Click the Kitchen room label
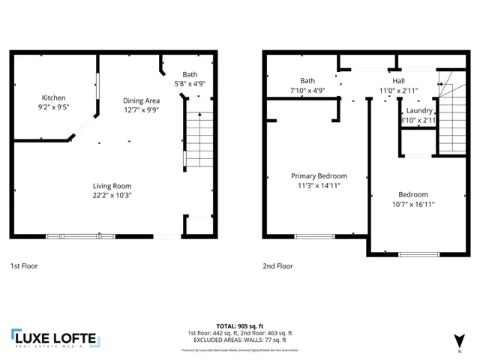tap(53, 97)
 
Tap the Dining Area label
tap(142, 100)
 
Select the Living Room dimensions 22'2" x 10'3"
tap(112, 196)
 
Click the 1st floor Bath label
tap(190, 75)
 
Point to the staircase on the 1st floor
tap(199, 139)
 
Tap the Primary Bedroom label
tap(316, 175)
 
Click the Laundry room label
tap(418, 110)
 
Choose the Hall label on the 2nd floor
tap(398, 81)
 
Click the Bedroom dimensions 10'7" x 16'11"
tap(413, 204)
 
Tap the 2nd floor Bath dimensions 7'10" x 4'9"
tap(307, 91)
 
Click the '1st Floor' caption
tap(24, 265)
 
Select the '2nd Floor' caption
tap(277, 265)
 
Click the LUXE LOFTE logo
tap(54, 339)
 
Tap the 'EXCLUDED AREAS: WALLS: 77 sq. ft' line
tap(239, 340)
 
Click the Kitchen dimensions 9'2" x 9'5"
tap(53, 107)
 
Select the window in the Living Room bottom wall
tap(80, 236)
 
